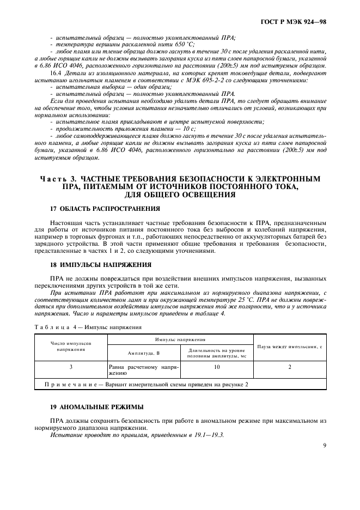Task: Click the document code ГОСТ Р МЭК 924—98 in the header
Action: click(297, 23)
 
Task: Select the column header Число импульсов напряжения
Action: click(71, 347)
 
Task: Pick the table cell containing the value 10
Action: click(216, 367)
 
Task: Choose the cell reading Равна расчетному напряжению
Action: click(143, 371)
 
